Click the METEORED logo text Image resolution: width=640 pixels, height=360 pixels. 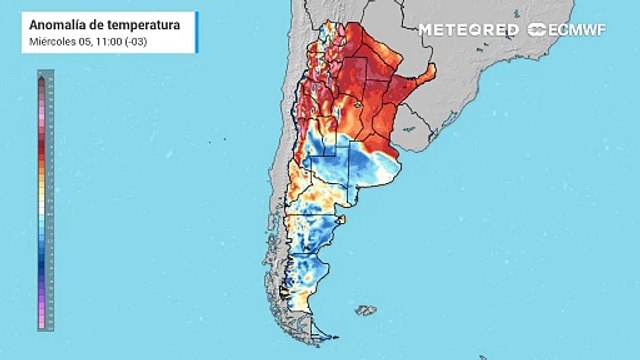(x=468, y=29)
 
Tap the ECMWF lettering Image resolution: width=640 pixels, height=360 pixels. (x=581, y=29)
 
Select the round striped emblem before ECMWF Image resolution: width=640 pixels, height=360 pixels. (x=537, y=29)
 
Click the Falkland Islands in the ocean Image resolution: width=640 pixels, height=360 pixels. (x=366, y=311)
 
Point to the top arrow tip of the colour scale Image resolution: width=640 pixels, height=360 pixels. (x=42, y=75)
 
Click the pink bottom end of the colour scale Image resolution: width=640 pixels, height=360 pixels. (x=42, y=322)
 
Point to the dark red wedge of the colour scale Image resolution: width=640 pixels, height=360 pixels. (x=42, y=150)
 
